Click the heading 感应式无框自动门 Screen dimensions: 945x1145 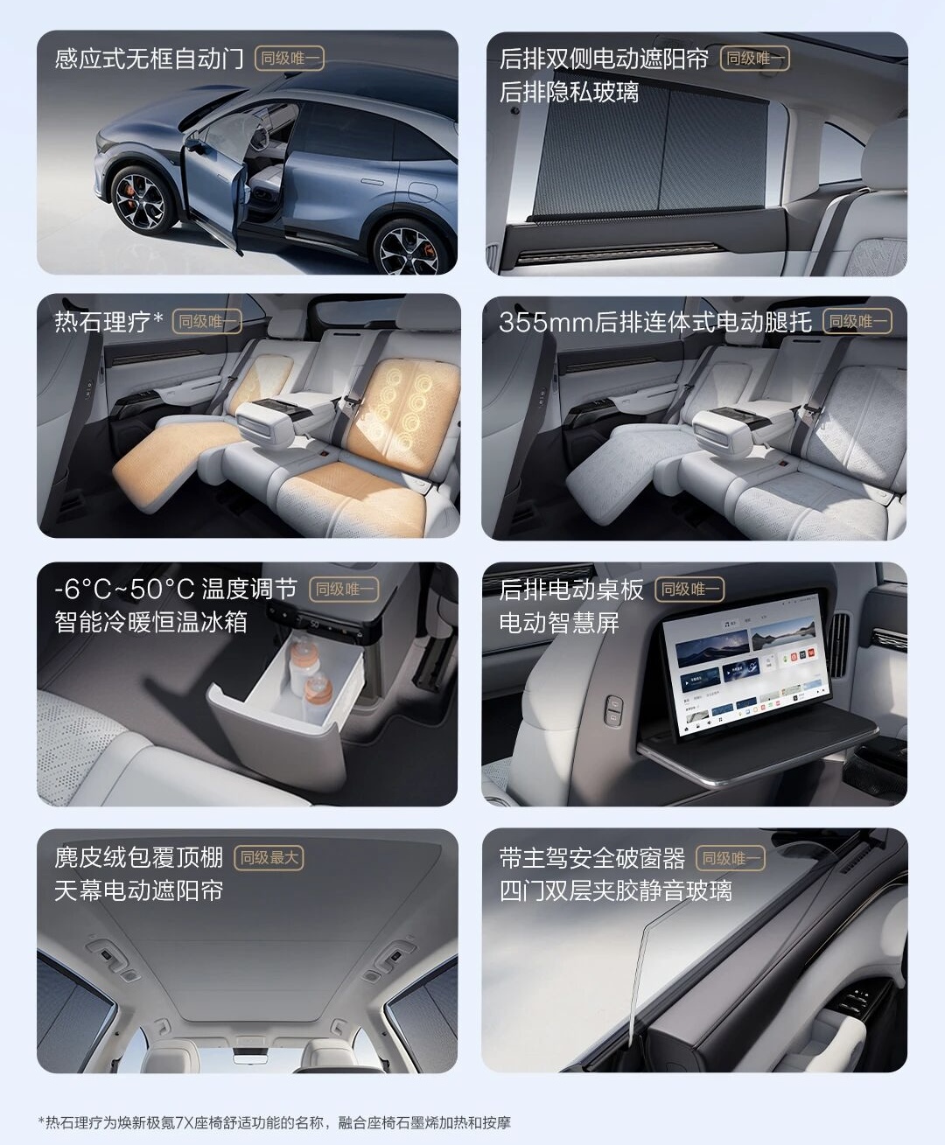coord(149,59)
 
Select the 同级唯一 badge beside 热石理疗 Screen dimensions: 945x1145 coord(206,321)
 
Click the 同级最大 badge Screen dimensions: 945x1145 coord(269,857)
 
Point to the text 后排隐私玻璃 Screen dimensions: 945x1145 coord(570,92)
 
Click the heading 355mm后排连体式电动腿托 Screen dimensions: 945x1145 coord(655,322)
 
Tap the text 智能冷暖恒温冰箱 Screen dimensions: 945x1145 coord(150,623)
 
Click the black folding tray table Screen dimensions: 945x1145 coord(757,742)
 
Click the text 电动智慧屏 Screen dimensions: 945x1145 coord(559,623)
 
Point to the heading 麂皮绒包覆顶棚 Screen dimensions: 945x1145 coord(139,857)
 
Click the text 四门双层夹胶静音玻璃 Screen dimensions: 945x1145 coord(615,890)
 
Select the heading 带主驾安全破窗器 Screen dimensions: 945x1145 coord(592,858)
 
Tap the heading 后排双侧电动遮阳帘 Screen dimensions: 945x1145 coord(604,59)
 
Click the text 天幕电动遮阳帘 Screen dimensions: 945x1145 coord(139,890)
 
